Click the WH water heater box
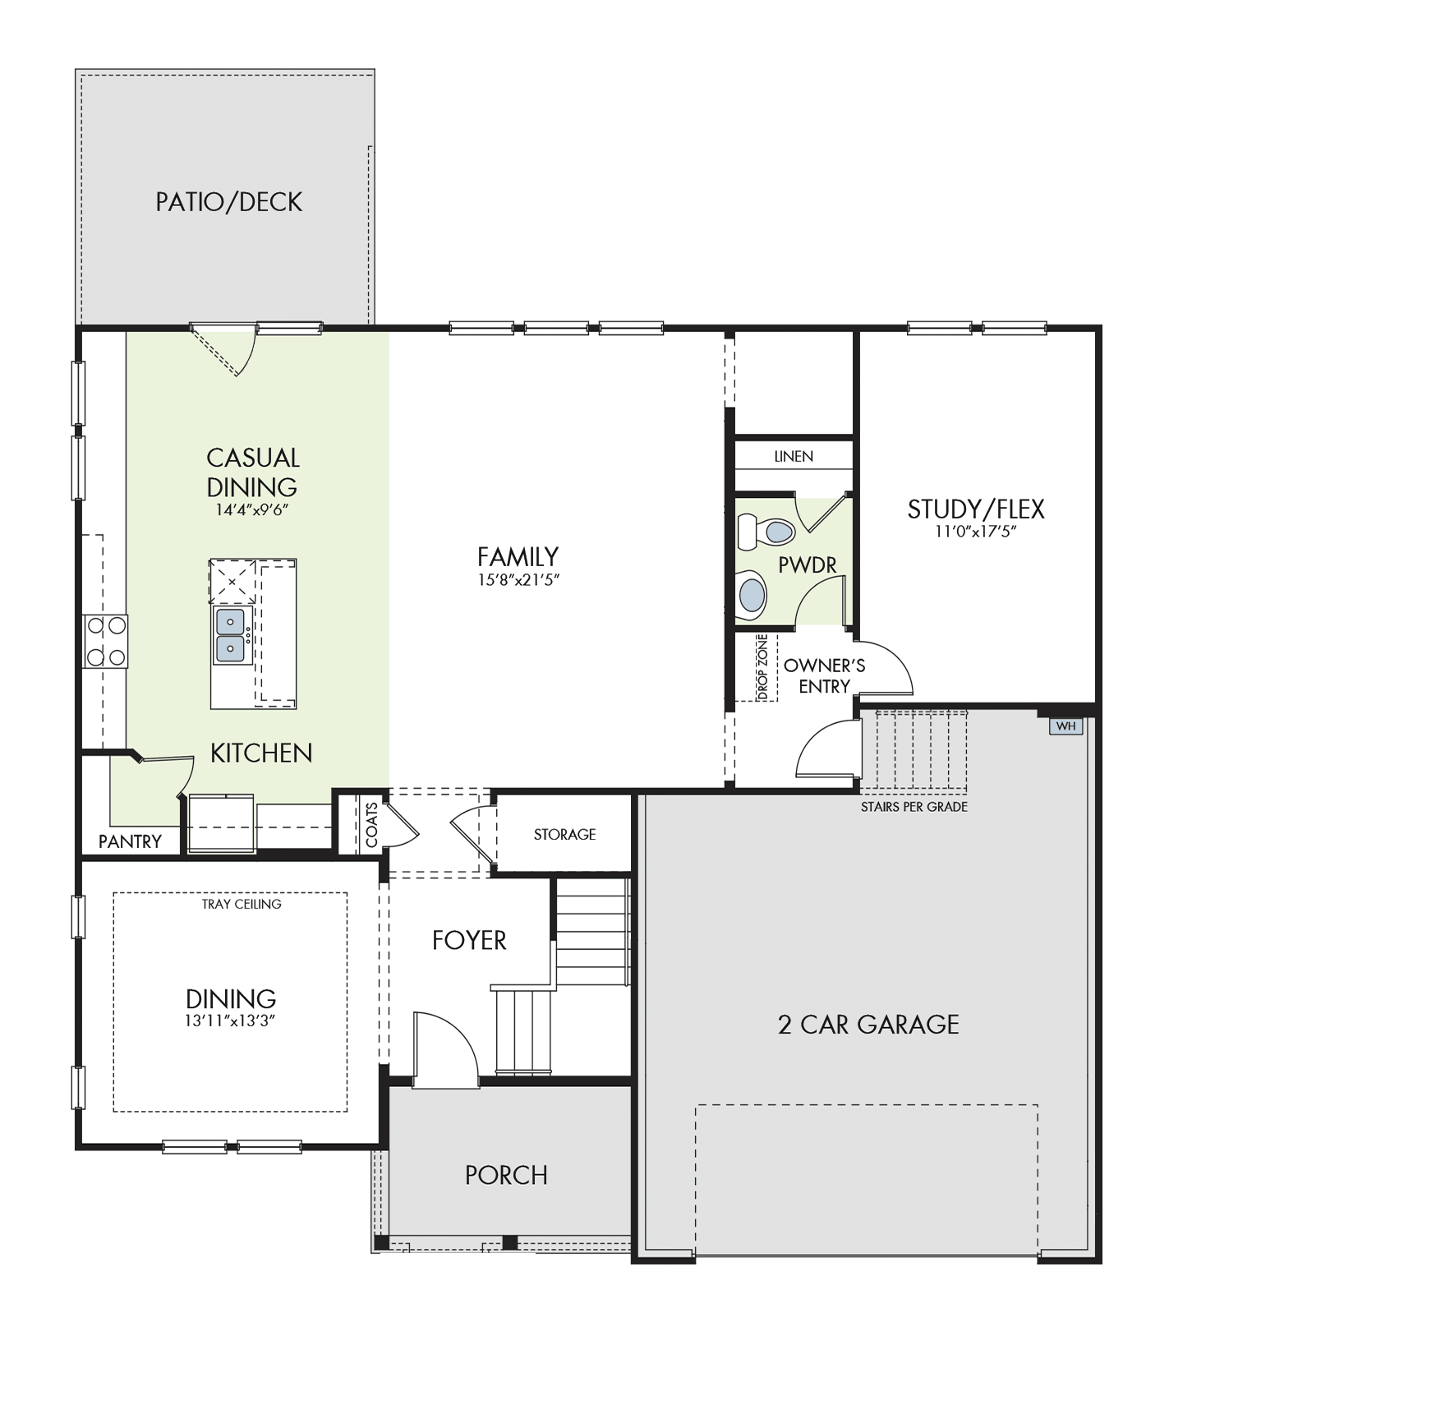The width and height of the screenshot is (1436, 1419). pyautogui.click(x=1065, y=726)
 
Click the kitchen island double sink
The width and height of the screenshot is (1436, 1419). pyautogui.click(x=230, y=634)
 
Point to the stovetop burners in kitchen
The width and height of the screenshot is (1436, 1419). pyautogui.click(x=106, y=642)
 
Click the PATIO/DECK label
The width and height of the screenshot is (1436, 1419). pyautogui.click(x=229, y=202)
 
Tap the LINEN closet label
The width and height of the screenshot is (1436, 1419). pyautogui.click(x=794, y=456)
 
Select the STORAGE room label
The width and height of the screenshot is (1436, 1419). pyautogui.click(x=564, y=834)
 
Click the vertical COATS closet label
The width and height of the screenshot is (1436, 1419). pyautogui.click(x=371, y=825)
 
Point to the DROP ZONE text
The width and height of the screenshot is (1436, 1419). pyautogui.click(x=762, y=667)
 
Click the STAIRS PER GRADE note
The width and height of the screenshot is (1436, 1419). pyautogui.click(x=914, y=807)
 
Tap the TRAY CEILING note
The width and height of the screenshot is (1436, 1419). pyautogui.click(x=242, y=904)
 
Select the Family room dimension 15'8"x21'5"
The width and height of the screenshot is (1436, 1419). pyautogui.click(x=518, y=580)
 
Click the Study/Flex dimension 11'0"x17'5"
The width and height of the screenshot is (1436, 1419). pyautogui.click(x=976, y=532)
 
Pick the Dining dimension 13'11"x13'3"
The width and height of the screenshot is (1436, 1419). pyautogui.click(x=230, y=1021)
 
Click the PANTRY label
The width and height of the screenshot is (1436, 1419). pyautogui.click(x=130, y=841)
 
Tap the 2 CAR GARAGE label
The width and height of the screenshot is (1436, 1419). pyautogui.click(x=868, y=1025)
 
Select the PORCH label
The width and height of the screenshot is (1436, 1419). pyautogui.click(x=506, y=1175)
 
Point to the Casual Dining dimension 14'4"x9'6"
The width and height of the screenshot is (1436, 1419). pyautogui.click(x=252, y=510)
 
